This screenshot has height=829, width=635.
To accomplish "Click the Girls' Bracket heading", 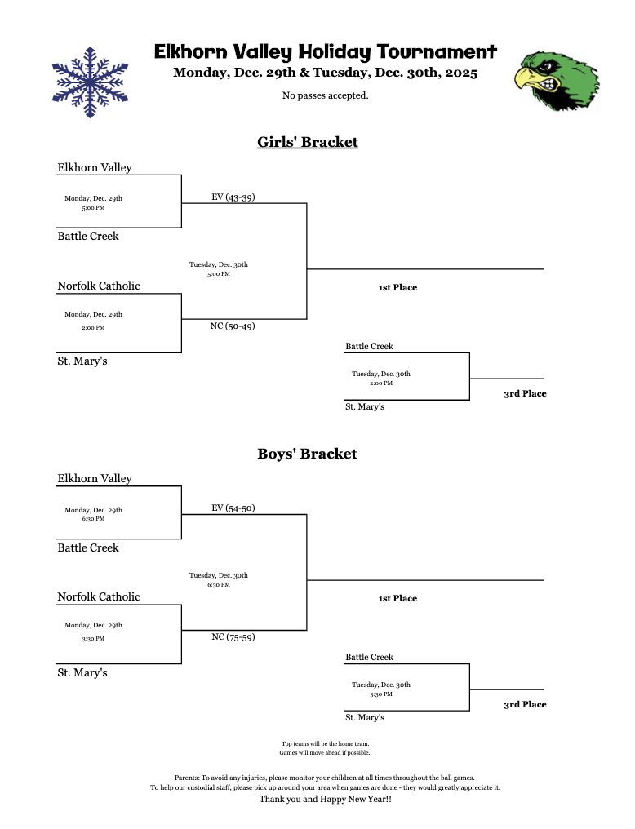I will click(x=307, y=142).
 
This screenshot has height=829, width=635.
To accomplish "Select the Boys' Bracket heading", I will click(x=307, y=453).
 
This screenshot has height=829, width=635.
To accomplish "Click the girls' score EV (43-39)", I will click(x=233, y=197).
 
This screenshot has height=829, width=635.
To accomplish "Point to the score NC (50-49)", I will click(x=233, y=326).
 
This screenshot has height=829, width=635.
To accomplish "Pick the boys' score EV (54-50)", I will click(x=233, y=508).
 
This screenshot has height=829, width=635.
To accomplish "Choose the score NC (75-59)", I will click(x=233, y=636).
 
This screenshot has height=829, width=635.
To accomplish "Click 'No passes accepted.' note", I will click(x=325, y=96).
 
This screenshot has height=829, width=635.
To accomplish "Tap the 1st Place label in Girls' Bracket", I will click(x=397, y=287).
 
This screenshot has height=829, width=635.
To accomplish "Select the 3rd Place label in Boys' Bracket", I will click(x=525, y=704).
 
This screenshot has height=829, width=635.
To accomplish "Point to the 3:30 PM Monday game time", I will click(x=93, y=638).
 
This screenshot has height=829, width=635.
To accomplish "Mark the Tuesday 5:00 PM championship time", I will click(x=218, y=274).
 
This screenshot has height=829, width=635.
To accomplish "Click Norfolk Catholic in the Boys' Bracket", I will click(x=99, y=596).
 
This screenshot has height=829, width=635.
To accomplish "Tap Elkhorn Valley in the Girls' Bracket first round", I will click(x=95, y=168).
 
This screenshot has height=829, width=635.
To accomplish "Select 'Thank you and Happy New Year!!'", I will click(x=325, y=800).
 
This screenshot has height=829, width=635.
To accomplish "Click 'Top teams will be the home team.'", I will click(x=325, y=743).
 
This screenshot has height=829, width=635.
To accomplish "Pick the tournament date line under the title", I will click(x=325, y=73).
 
